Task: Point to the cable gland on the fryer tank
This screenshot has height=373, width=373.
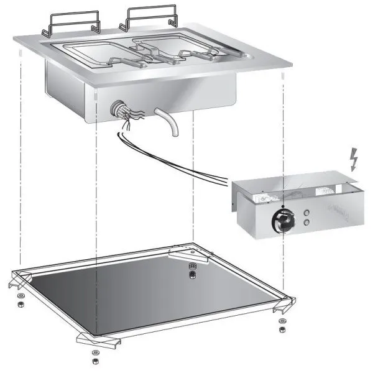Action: click(118, 109)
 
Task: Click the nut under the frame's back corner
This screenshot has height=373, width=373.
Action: click(192, 269)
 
